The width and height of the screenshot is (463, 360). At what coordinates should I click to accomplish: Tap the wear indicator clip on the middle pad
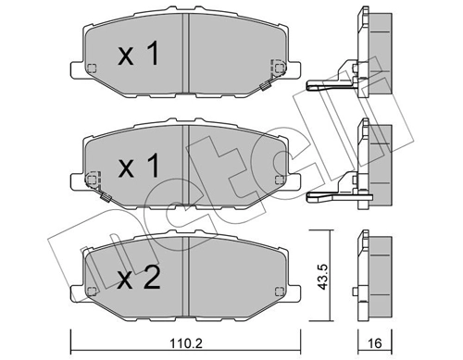pyautogui.click(x=106, y=196)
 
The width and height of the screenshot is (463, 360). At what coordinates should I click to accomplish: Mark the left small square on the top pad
pyautogui.click(x=91, y=68)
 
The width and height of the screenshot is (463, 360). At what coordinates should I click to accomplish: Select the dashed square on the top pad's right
pyautogui.click(x=277, y=68)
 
